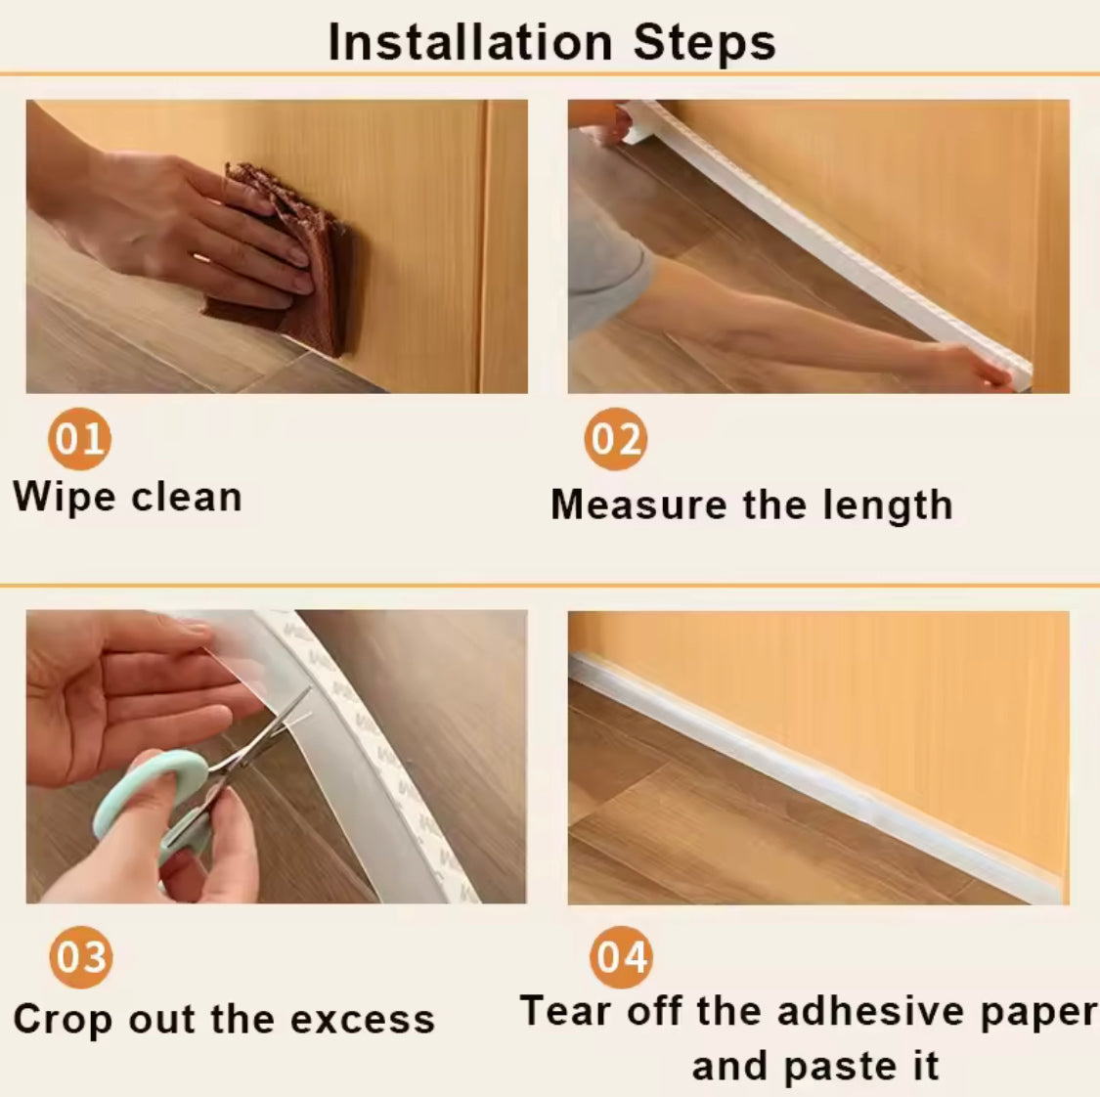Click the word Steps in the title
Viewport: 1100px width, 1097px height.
pos(704,43)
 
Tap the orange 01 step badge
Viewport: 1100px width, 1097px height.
pos(79,439)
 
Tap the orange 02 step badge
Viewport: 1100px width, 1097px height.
pos(616,439)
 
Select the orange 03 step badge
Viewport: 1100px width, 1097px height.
pos(80,956)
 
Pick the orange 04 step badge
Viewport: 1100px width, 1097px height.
pos(621,956)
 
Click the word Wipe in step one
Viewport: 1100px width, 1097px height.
pos(65,497)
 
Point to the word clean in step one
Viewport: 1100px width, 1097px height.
pos(186,497)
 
